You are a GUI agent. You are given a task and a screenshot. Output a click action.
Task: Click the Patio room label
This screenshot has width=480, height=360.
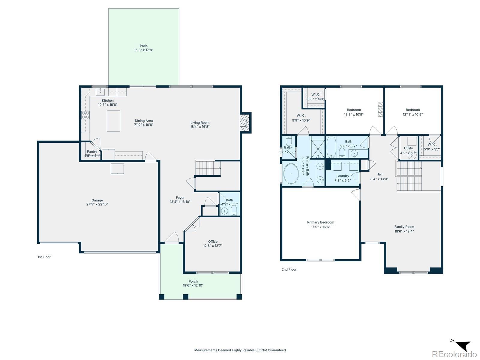point(143,46)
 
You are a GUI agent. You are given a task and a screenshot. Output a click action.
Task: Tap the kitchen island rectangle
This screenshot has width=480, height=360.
point(113,121)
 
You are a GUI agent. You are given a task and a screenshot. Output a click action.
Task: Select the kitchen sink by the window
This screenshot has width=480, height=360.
point(100,92)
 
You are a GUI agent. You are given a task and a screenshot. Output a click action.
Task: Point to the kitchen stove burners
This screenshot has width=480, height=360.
point(85,115)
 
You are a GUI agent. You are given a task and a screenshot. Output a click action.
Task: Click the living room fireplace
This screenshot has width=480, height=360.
point(245,123)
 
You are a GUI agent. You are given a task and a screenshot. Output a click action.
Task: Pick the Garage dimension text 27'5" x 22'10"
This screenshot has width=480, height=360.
point(97,204)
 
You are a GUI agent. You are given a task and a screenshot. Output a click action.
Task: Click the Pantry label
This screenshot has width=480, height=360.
point(92,151)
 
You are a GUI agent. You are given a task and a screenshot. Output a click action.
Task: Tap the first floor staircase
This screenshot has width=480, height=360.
point(208,168)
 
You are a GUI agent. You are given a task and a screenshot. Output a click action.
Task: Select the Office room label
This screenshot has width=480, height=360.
point(213,241)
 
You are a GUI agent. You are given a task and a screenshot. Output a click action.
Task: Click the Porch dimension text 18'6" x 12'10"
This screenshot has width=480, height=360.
point(193,285)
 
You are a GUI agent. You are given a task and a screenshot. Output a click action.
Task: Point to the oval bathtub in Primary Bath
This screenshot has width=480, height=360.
point(291,174)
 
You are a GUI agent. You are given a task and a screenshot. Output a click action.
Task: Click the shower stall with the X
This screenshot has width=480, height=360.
point(318,148)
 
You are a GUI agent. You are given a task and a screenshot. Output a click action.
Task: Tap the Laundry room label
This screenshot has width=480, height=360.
point(343,176)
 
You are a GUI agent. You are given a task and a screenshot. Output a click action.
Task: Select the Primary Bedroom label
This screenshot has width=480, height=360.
point(321,222)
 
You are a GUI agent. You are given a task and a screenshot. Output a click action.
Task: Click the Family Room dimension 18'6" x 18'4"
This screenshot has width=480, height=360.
point(404,231)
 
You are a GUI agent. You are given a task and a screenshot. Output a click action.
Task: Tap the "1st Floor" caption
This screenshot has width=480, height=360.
point(44,257)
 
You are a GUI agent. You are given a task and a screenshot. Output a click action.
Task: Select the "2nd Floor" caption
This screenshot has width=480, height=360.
point(289,269)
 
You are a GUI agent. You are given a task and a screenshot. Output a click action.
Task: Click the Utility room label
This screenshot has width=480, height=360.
point(408,148)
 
